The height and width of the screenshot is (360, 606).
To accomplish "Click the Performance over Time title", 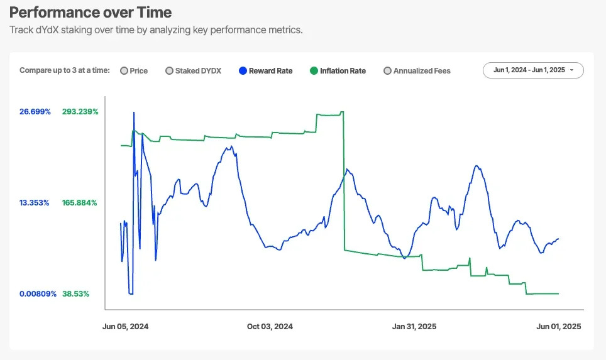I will [x=91, y=13].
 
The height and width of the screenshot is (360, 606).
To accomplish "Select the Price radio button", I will [x=124, y=71].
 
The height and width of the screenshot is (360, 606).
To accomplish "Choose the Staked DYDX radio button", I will [x=170, y=71].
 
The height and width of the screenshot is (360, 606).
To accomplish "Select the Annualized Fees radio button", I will [x=388, y=71].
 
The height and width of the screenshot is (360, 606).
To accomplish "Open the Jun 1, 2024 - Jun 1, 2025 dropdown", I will [x=533, y=70].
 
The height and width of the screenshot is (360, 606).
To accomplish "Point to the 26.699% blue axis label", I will [x=35, y=112].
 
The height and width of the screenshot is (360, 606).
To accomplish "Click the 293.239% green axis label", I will [x=80, y=112].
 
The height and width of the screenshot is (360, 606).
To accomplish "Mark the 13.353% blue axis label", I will [x=35, y=203].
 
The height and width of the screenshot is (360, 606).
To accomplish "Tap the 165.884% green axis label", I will [x=80, y=203].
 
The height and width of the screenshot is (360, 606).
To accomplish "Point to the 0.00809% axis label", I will [x=38, y=293].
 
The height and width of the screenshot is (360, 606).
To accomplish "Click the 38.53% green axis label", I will [x=76, y=293].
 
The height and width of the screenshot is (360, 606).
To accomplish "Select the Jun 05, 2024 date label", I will [x=126, y=327].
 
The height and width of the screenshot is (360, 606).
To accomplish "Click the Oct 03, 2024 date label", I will [x=270, y=327].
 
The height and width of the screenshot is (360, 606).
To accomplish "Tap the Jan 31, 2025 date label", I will [x=414, y=327].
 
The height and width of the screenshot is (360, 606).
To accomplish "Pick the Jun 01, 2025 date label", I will [x=558, y=327].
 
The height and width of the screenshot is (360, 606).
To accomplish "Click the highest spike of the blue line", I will [x=134, y=113].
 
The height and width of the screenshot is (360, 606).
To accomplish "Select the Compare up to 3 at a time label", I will [x=65, y=71].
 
